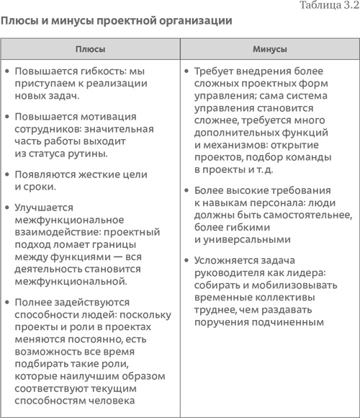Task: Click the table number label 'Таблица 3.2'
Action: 328,6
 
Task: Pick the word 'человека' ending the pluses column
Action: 120,401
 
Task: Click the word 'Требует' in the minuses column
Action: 214,72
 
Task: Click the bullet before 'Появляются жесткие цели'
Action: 6,175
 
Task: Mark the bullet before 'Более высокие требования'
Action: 186,191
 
